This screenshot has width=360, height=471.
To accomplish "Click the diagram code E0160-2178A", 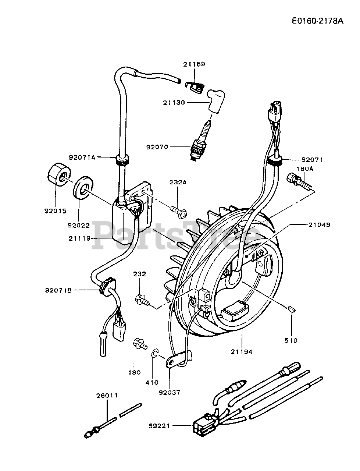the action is point(318,21).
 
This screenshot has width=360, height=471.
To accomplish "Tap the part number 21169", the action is point(194,64).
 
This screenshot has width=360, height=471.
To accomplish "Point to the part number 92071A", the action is point(82,157).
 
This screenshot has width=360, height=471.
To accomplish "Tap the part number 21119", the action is point(79,238).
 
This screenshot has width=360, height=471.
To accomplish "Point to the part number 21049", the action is point(320,225).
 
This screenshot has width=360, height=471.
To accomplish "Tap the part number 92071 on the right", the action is point(312,160).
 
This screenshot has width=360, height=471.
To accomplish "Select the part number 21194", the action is point(242,352).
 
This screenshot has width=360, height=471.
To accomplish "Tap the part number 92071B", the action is point(58,290).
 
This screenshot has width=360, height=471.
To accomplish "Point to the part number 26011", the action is point(107,396).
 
